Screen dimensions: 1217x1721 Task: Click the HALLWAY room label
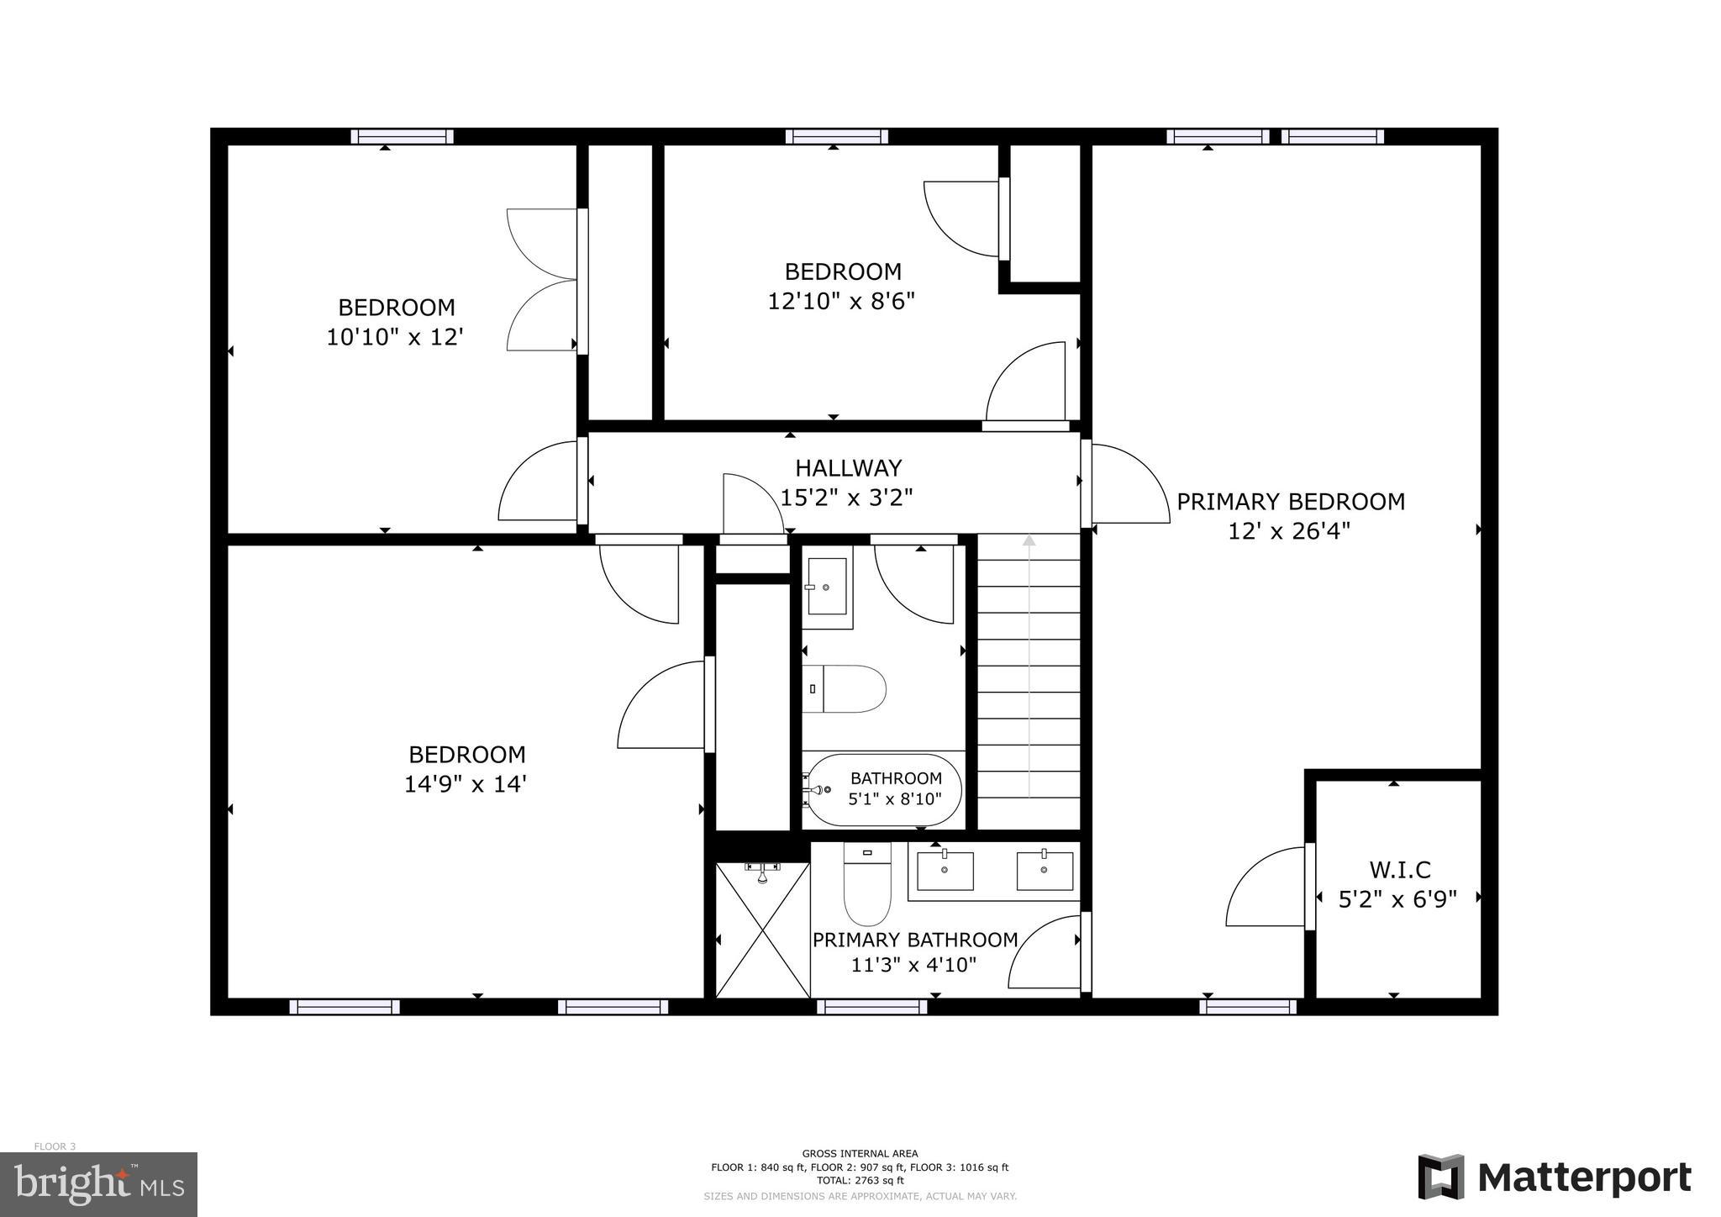click(848, 468)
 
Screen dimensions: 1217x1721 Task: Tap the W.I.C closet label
click(1399, 869)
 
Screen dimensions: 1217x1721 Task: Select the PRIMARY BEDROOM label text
click(1290, 502)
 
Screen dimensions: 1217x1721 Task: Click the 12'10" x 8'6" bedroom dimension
click(841, 301)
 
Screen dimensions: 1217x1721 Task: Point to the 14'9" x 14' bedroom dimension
click(466, 784)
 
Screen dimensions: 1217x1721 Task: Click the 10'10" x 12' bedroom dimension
click(395, 337)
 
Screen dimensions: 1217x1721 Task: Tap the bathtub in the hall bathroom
click(882, 790)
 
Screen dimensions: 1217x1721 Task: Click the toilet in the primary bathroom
click(866, 887)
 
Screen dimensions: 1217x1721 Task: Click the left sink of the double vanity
click(945, 871)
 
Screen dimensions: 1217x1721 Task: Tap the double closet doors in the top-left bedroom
click(542, 280)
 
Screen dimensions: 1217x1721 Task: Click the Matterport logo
click(1555, 1177)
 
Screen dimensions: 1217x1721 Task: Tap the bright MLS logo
click(98, 1184)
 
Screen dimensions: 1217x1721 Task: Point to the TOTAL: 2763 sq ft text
click(860, 1180)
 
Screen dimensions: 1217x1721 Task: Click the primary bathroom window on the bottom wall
click(871, 1006)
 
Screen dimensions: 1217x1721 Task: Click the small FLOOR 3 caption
click(55, 1146)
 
